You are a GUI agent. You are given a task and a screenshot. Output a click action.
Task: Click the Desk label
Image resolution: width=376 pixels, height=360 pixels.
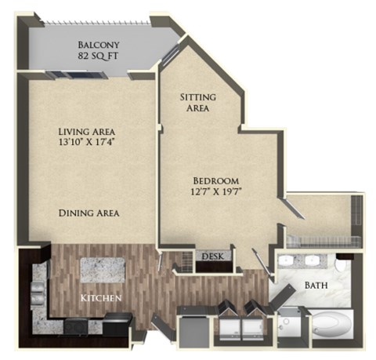(x=211, y=256)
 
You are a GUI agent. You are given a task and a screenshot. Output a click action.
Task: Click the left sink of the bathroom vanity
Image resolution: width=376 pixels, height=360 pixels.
(x=287, y=261)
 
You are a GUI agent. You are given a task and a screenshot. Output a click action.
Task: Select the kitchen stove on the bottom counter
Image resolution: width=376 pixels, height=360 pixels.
(x=78, y=325)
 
